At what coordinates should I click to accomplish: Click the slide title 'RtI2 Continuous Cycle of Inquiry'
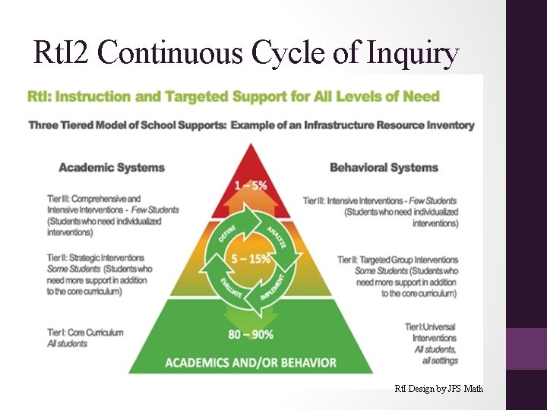(x=246, y=52)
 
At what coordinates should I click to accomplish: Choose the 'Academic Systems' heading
(x=112, y=167)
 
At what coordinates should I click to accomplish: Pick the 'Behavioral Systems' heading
(x=384, y=167)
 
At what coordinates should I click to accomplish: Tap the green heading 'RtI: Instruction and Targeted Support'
(x=233, y=97)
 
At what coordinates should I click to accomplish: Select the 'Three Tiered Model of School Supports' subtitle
(x=251, y=125)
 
